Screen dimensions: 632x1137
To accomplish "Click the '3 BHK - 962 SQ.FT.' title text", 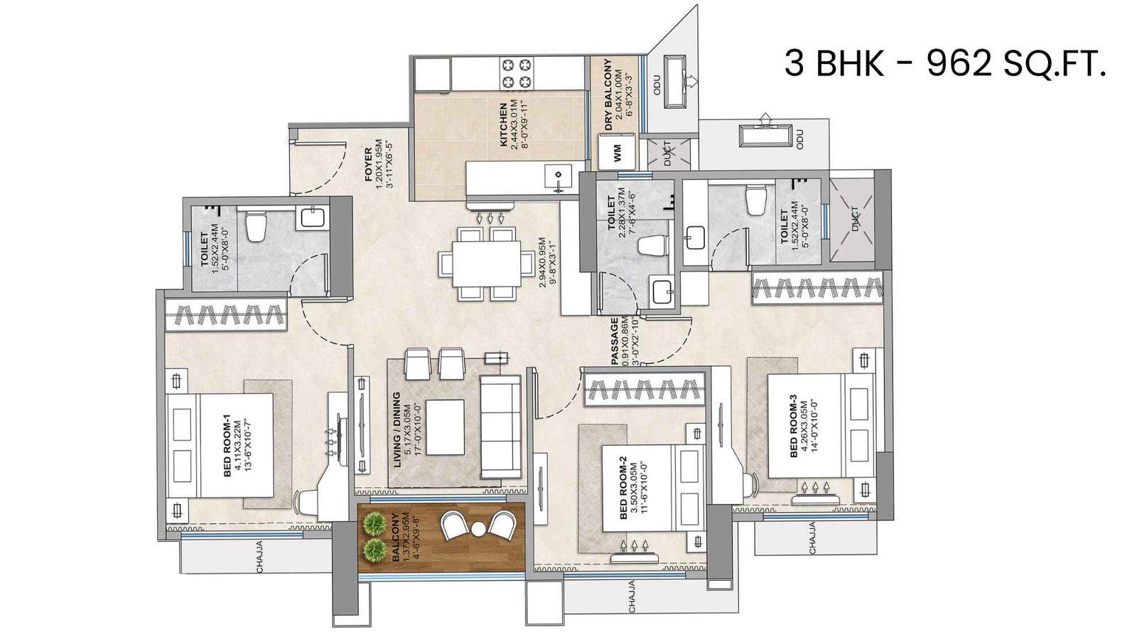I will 944,63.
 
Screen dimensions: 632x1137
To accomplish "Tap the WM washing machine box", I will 616,153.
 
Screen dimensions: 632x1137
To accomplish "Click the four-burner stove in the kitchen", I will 517,73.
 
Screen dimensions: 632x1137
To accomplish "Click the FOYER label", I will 368,164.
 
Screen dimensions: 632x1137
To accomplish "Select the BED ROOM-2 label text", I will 623,488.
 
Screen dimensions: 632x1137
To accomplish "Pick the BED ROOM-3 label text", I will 793,427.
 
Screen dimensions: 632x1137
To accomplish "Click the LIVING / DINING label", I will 397,429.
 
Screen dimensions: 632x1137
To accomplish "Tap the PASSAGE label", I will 615,342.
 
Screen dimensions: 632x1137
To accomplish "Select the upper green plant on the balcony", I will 372,525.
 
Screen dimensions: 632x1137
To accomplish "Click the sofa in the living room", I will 500,427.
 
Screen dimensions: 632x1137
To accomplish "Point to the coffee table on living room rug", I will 444,427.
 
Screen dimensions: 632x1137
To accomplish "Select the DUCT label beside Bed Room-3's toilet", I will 854,219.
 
